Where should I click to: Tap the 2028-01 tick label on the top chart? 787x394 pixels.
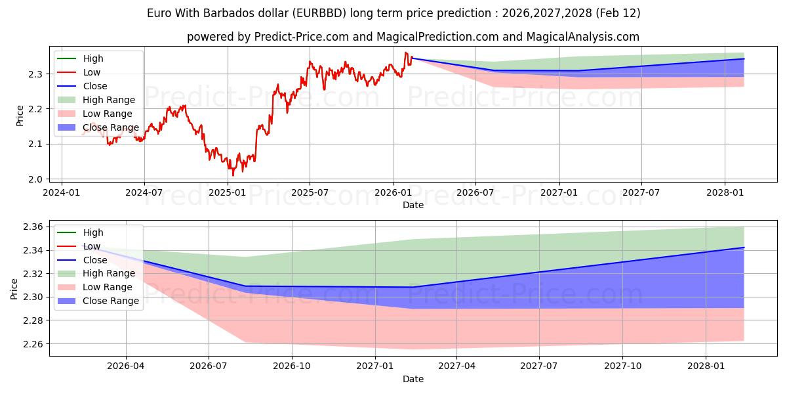[x=725, y=193]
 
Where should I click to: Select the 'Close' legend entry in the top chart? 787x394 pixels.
[x=95, y=86]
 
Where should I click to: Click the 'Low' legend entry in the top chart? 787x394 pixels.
[x=92, y=72]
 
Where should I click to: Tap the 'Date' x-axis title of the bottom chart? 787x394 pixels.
[x=413, y=379]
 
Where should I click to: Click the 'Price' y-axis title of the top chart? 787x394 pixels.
[x=20, y=116]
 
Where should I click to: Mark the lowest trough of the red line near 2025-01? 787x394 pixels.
[x=233, y=175]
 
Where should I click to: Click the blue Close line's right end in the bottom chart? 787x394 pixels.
[x=744, y=248]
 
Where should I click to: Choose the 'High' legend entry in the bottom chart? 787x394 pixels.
[x=93, y=232]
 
